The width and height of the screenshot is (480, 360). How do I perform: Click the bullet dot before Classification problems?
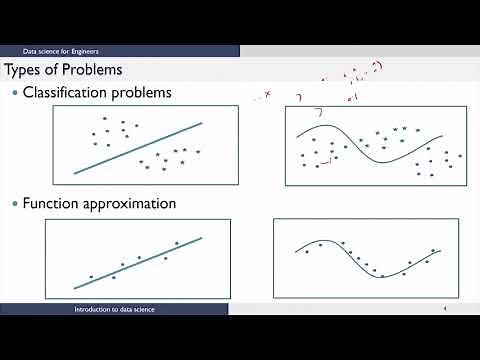click(14, 93)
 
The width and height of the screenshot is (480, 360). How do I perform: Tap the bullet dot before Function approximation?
click(14, 203)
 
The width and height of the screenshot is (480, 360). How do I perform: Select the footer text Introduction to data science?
click(114, 310)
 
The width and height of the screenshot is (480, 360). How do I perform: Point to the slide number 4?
click(443, 310)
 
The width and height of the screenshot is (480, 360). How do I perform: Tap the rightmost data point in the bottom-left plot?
click(177, 243)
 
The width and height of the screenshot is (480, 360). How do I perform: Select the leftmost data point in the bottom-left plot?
click(91, 277)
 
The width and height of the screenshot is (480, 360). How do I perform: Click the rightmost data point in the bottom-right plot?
click(433, 250)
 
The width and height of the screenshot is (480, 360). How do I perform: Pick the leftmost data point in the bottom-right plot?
click(306, 252)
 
